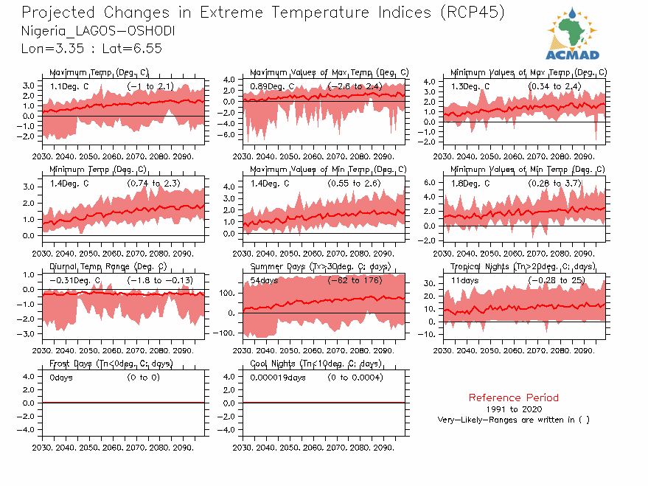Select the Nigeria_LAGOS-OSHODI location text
pyautogui.click(x=99, y=32)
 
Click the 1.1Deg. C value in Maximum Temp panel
pyautogui.click(x=69, y=87)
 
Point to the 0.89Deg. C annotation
pyautogui.click(x=272, y=87)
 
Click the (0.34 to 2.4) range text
pyautogui.click(x=555, y=87)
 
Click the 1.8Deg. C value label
pyautogui.click(x=471, y=184)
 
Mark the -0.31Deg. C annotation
pyautogui.click(x=74, y=281)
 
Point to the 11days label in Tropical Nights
pyautogui.click(x=466, y=281)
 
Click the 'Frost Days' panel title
pyautogui.click(x=111, y=364)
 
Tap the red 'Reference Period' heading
pyautogui.click(x=513, y=398)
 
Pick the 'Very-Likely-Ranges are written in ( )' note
pyautogui.click(x=513, y=420)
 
